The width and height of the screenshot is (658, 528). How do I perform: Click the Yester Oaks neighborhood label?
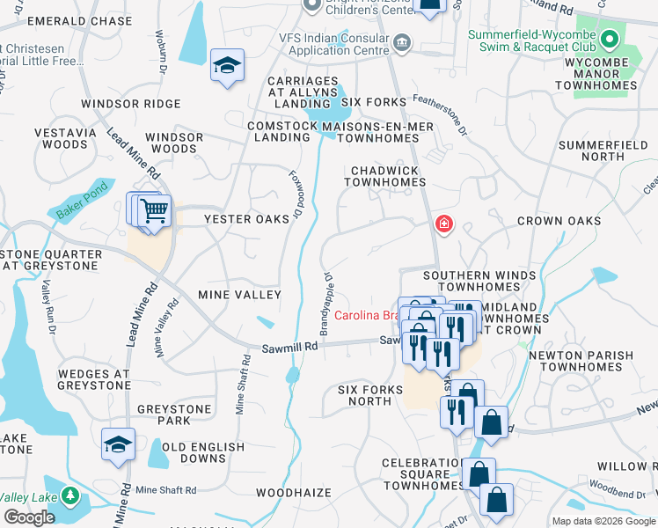(x=247, y=219)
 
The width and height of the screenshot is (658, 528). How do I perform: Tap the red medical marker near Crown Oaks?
(x=444, y=224)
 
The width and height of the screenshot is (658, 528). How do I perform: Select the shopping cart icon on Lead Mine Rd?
(x=154, y=212)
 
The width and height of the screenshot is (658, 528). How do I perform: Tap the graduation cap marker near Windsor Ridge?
(x=228, y=66)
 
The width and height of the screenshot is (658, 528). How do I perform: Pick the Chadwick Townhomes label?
(x=384, y=175)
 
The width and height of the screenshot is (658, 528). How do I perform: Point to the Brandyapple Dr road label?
(x=328, y=295)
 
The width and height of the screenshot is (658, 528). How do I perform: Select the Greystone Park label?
(x=174, y=414)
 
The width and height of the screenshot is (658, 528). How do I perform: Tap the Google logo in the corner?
(x=29, y=517)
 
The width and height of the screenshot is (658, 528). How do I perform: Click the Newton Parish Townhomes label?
(x=581, y=361)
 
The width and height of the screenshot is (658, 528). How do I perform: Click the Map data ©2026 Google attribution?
(x=603, y=521)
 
